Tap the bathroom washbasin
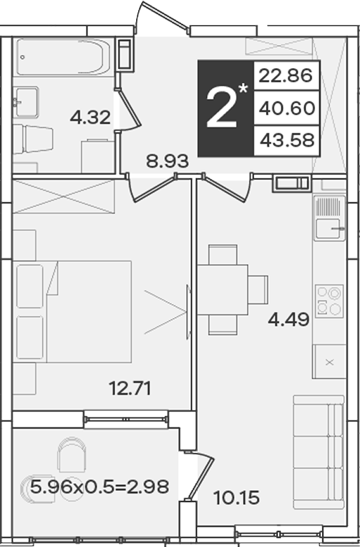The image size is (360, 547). (x=26, y=103)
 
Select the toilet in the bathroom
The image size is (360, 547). (x=33, y=139)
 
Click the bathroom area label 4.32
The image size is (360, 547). (x=91, y=117)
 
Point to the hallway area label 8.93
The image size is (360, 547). (x=167, y=162)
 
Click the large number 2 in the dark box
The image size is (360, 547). (x=222, y=107)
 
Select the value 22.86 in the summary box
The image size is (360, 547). (x=286, y=75)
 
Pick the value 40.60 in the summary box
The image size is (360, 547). (x=287, y=108)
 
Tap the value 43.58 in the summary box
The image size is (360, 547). (x=287, y=140)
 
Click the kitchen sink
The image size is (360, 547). (x=329, y=218)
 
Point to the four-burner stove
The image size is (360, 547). (x=329, y=301)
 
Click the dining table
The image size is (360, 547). (x=222, y=289)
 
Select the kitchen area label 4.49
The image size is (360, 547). (x=288, y=319)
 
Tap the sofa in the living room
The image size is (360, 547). (x=319, y=452)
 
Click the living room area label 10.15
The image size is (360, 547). (x=236, y=497)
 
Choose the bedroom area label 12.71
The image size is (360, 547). (x=130, y=388)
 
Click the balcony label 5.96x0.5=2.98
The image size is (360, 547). (x=100, y=487)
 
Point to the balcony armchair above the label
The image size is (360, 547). (x=72, y=454)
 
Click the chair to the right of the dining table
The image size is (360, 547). (x=258, y=289)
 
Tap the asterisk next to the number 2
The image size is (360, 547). (x=243, y=88)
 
